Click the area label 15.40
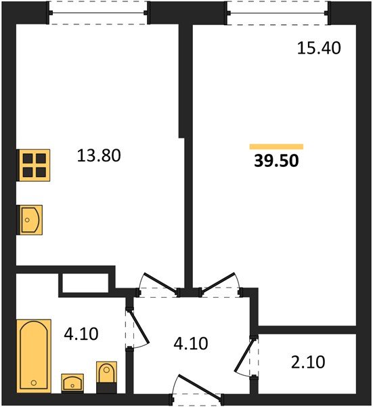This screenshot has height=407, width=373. (x=318, y=48)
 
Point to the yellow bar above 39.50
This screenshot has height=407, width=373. (x=276, y=146)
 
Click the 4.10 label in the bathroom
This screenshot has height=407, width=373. (x=81, y=334)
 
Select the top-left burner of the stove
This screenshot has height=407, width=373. (x=27, y=159)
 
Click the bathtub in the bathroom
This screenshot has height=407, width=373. (x=33, y=356)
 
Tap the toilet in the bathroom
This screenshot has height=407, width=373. (x=107, y=376)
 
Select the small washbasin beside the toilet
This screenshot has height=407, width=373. (x=72, y=383)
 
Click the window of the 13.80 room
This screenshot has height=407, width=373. (x=98, y=12)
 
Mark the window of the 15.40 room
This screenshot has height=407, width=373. (x=278, y=12)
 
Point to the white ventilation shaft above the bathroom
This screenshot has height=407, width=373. (x=85, y=282)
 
